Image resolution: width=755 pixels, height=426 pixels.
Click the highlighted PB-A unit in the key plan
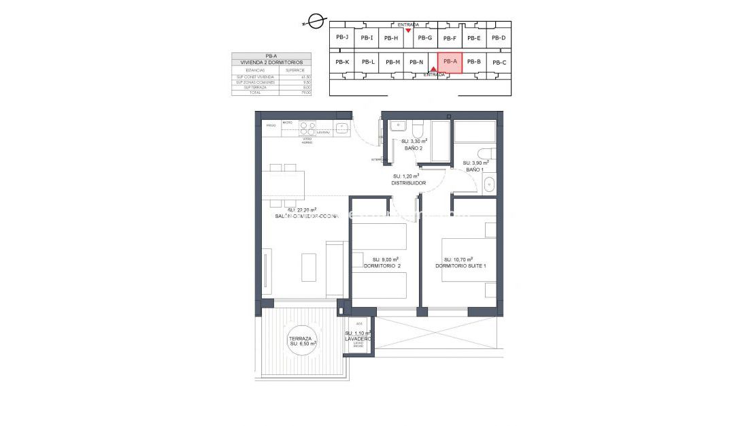(x=450, y=62)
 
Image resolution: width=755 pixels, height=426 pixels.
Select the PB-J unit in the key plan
(x=342, y=37)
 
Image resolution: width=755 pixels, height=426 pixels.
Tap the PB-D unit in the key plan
(x=499, y=38)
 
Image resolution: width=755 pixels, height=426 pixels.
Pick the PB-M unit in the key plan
(x=392, y=63)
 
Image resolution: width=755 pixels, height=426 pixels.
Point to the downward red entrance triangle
(x=408, y=31)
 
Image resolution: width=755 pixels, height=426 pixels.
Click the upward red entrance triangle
(x=433, y=69)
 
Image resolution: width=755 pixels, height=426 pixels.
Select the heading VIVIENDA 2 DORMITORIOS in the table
(x=271, y=62)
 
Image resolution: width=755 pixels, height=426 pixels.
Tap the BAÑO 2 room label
(x=414, y=148)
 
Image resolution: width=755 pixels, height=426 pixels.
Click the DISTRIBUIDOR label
(x=408, y=183)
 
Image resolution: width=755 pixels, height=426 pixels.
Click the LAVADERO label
(x=358, y=338)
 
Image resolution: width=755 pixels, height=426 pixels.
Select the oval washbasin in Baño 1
(x=489, y=183)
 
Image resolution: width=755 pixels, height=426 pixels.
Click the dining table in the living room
(x=284, y=184)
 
